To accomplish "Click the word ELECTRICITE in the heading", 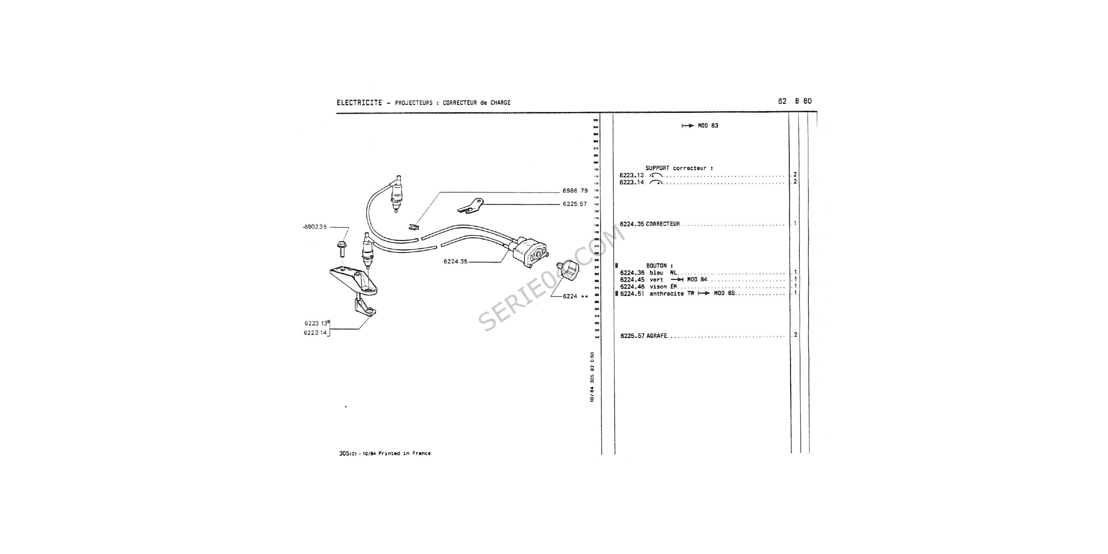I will click(359, 103).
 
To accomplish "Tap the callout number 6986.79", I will click(575, 191).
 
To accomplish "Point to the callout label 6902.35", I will click(315, 227).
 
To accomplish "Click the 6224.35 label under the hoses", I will click(455, 261).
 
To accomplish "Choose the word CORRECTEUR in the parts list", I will click(663, 224).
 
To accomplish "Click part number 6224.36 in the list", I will click(632, 273).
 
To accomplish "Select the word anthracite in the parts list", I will click(666, 294).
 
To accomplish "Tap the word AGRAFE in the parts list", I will click(656, 336).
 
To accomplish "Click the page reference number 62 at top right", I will click(782, 101).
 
